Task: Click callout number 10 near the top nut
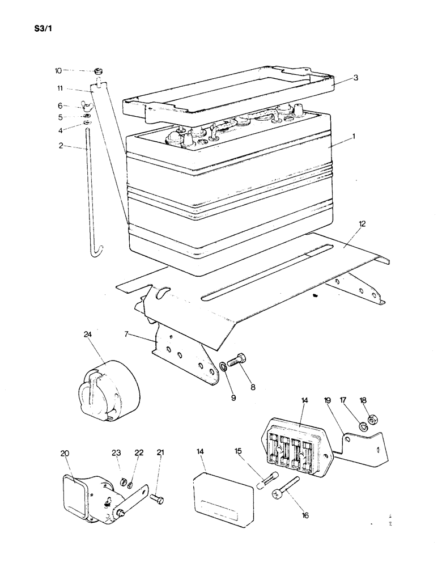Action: click(58, 71)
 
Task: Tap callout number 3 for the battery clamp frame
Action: click(355, 78)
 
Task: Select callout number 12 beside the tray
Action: click(362, 225)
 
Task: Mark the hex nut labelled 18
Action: click(373, 421)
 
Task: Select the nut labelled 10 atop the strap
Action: click(99, 71)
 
